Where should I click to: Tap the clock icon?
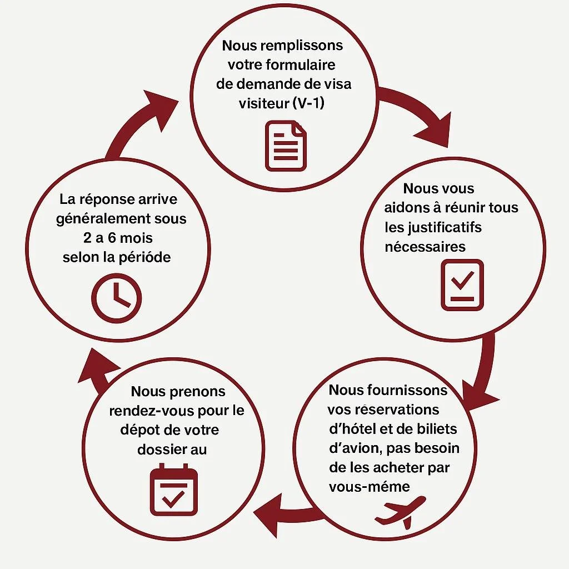[116, 297]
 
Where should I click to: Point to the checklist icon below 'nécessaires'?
[462, 284]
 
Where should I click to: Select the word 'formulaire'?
[301, 65]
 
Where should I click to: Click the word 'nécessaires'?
[425, 246]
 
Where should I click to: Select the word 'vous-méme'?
[369, 487]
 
